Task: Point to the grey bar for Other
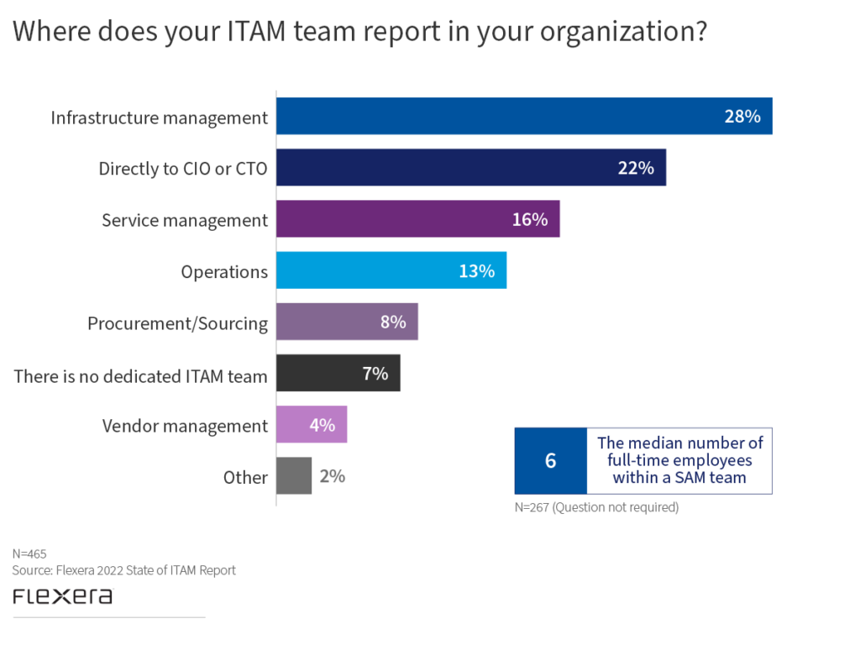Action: click(294, 476)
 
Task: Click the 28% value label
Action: click(742, 117)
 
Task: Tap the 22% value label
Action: click(636, 168)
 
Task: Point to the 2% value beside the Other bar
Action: click(332, 476)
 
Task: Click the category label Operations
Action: click(224, 272)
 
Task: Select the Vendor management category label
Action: click(185, 426)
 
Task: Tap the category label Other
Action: click(245, 477)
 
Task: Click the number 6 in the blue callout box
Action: click(551, 460)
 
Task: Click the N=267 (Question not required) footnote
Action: click(596, 507)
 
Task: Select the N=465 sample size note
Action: click(29, 553)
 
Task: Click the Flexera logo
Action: click(62, 596)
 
